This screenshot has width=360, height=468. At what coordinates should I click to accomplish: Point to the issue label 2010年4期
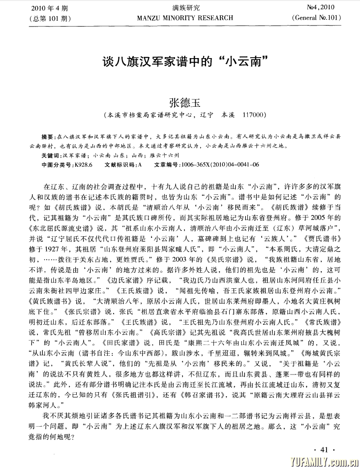coord(49,8)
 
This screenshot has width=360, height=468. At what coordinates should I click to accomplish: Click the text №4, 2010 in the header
coord(320,8)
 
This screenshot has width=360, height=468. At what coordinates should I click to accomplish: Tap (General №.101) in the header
coord(316,18)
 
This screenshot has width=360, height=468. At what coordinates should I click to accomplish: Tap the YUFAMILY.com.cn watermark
coord(322,461)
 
